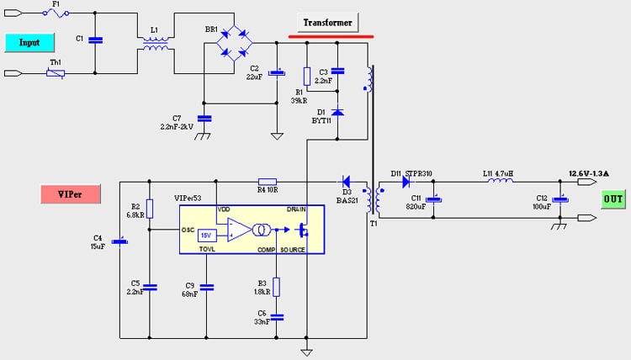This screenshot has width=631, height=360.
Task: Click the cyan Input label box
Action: [29, 41]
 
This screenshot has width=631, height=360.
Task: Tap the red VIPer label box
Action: [71, 194]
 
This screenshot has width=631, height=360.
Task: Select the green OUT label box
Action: [612, 199]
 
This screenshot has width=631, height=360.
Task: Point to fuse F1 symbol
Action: [56, 13]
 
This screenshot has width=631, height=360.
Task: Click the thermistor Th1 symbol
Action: [56, 74]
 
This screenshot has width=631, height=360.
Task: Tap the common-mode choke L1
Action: [153, 44]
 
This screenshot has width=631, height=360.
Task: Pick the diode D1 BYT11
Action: [337, 111]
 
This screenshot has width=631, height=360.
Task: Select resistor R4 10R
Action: [268, 180]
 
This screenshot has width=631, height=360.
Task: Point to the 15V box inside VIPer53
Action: [206, 235]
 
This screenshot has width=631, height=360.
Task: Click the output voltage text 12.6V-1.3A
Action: [578, 172]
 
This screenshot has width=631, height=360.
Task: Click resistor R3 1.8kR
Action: [277, 287]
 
